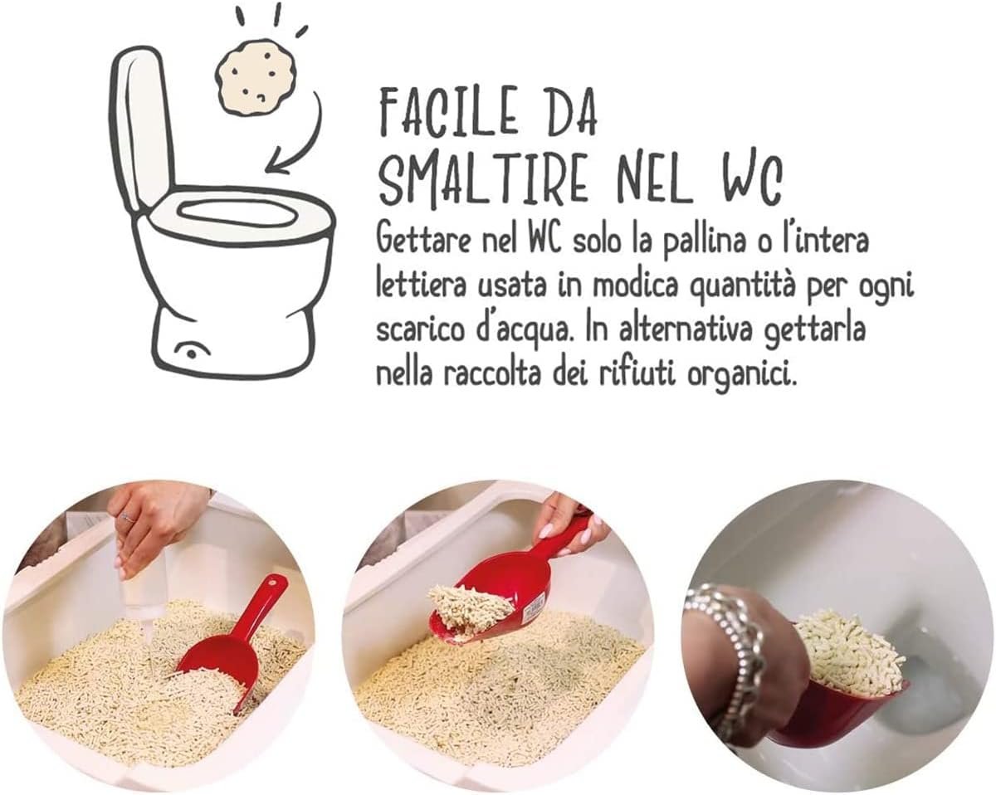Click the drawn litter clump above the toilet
click(x=256, y=77)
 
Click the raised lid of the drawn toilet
click(x=141, y=124)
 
